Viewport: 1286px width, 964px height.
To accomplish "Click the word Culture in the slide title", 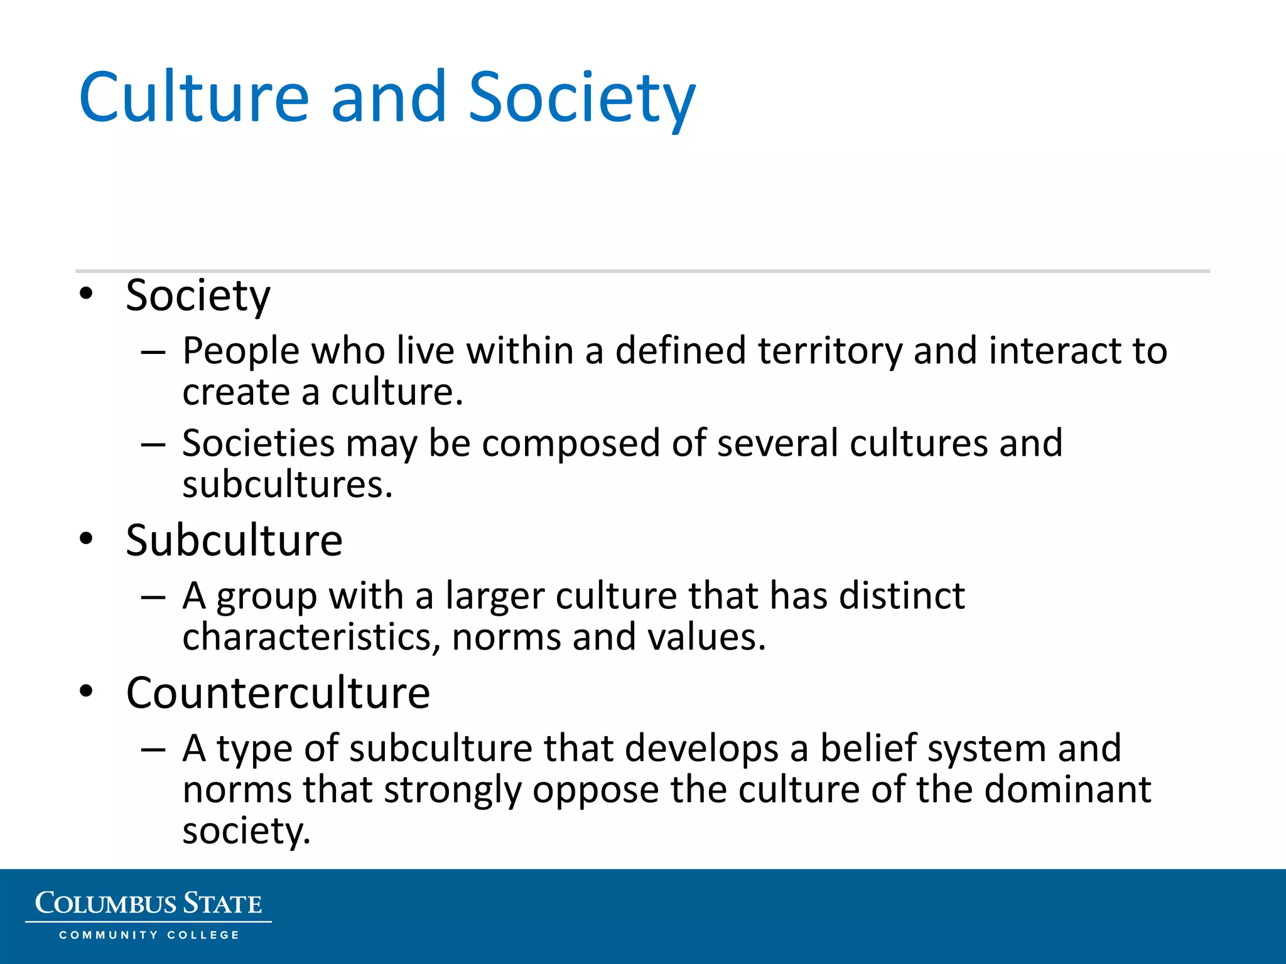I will tap(194, 97).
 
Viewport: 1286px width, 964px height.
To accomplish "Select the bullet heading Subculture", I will tap(234, 540).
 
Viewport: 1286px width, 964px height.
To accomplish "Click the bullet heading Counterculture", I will tap(278, 693).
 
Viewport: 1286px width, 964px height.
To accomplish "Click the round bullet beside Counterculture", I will tap(86, 691).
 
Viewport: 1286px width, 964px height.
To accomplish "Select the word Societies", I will tap(258, 443).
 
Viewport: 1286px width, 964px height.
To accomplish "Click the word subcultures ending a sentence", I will tap(287, 485).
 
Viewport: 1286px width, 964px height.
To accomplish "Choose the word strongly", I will tap(452, 790).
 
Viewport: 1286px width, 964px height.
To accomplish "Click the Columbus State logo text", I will tap(148, 904).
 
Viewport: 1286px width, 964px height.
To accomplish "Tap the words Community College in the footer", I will tap(149, 935).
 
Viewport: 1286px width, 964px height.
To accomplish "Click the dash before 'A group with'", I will tap(153, 597).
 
